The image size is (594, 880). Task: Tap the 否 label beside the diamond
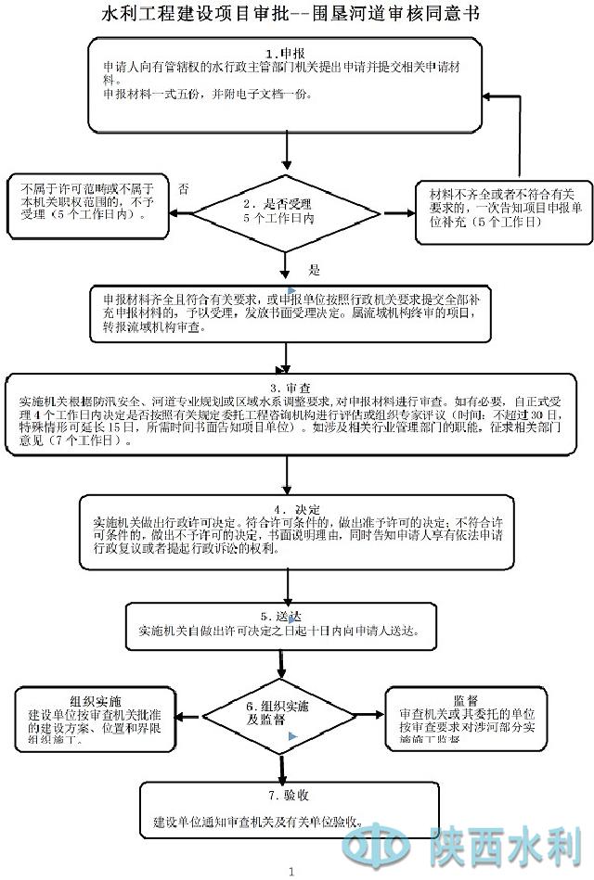[x=184, y=188]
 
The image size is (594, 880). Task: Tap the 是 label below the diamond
[x=314, y=270]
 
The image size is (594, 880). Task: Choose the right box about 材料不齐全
[x=501, y=208]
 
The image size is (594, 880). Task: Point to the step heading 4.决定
[x=283, y=510]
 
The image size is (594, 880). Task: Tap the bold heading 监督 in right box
[x=466, y=701]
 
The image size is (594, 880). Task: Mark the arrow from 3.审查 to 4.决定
[x=289, y=474]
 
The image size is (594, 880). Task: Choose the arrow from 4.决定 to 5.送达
[x=289, y=586]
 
